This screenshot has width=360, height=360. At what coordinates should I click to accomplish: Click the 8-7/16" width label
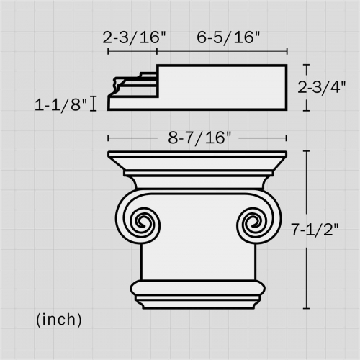pyautogui.click(x=197, y=137)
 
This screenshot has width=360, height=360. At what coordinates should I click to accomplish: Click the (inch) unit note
pyautogui.click(x=58, y=318)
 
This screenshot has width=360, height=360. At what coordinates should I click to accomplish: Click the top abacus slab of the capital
pyautogui.click(x=197, y=160)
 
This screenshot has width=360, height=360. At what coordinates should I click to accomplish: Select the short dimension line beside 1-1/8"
pyautogui.click(x=94, y=104)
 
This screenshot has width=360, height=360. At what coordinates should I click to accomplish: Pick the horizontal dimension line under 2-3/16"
pyautogui.click(x=132, y=50)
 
